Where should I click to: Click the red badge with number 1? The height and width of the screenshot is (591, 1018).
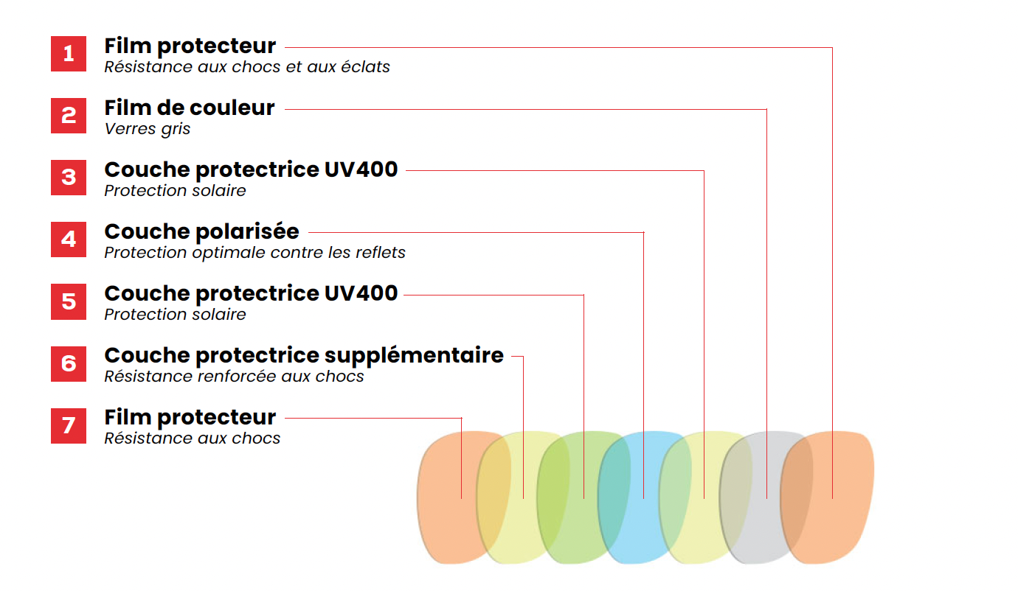coord(69,54)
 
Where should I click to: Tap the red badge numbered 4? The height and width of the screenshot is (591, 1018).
coord(69,239)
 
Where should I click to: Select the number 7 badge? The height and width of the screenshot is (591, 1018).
coord(69,425)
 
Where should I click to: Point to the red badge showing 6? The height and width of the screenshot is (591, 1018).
coord(69,363)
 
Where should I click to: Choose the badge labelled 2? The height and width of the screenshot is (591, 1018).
coord(69,116)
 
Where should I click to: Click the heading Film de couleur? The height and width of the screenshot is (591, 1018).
coord(190,108)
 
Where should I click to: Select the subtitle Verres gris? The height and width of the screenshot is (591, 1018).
coord(148,129)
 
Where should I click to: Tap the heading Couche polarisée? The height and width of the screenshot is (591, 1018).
coord(201,232)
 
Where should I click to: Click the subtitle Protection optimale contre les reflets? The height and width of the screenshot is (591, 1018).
coord(254,253)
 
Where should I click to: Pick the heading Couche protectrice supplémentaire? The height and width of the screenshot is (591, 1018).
coord(304,356)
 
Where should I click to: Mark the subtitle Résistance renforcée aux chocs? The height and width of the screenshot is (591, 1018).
coord(234,377)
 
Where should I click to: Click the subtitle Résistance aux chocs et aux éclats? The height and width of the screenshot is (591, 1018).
coord(247,67)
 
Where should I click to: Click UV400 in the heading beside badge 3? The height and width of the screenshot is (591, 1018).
coord(361,170)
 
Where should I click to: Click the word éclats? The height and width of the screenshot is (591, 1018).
coord(369,67)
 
